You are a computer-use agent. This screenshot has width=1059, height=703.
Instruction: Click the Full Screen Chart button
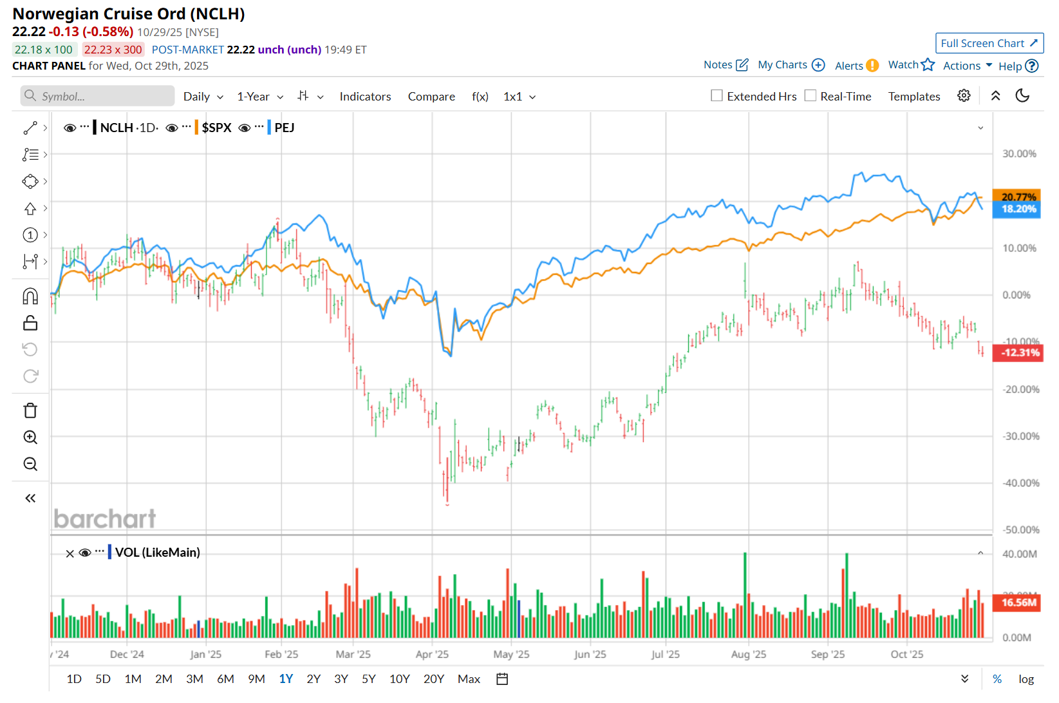click(x=989, y=43)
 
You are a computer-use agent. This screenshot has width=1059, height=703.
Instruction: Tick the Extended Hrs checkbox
click(x=717, y=96)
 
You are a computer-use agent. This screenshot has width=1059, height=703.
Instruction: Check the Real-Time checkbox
click(x=811, y=96)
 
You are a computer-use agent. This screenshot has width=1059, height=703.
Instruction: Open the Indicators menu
click(x=365, y=97)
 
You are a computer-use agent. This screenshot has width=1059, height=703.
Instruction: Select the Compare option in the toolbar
click(x=431, y=97)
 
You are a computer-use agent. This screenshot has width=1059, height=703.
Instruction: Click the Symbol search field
click(x=98, y=97)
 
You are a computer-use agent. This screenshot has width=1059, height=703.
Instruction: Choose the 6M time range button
click(x=225, y=679)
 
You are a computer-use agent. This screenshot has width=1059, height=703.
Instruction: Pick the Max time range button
click(x=469, y=679)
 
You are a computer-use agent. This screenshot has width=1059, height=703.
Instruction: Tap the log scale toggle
click(x=1026, y=679)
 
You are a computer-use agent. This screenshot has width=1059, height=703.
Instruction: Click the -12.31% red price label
click(x=1019, y=352)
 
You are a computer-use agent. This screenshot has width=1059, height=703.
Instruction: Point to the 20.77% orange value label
click(x=1018, y=196)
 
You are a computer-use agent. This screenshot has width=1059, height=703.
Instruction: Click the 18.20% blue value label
click(x=1018, y=209)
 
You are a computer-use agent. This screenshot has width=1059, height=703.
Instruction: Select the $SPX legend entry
click(x=216, y=128)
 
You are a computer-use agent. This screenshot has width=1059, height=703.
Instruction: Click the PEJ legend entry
click(x=284, y=128)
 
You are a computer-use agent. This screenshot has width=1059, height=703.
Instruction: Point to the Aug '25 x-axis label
click(x=749, y=654)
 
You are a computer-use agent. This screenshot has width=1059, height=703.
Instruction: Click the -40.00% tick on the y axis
click(x=1020, y=483)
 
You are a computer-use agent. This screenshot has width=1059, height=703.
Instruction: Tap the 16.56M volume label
click(x=1018, y=602)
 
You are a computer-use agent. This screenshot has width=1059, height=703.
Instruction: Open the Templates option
click(x=914, y=97)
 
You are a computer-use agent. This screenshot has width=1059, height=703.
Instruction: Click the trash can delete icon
click(x=30, y=410)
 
